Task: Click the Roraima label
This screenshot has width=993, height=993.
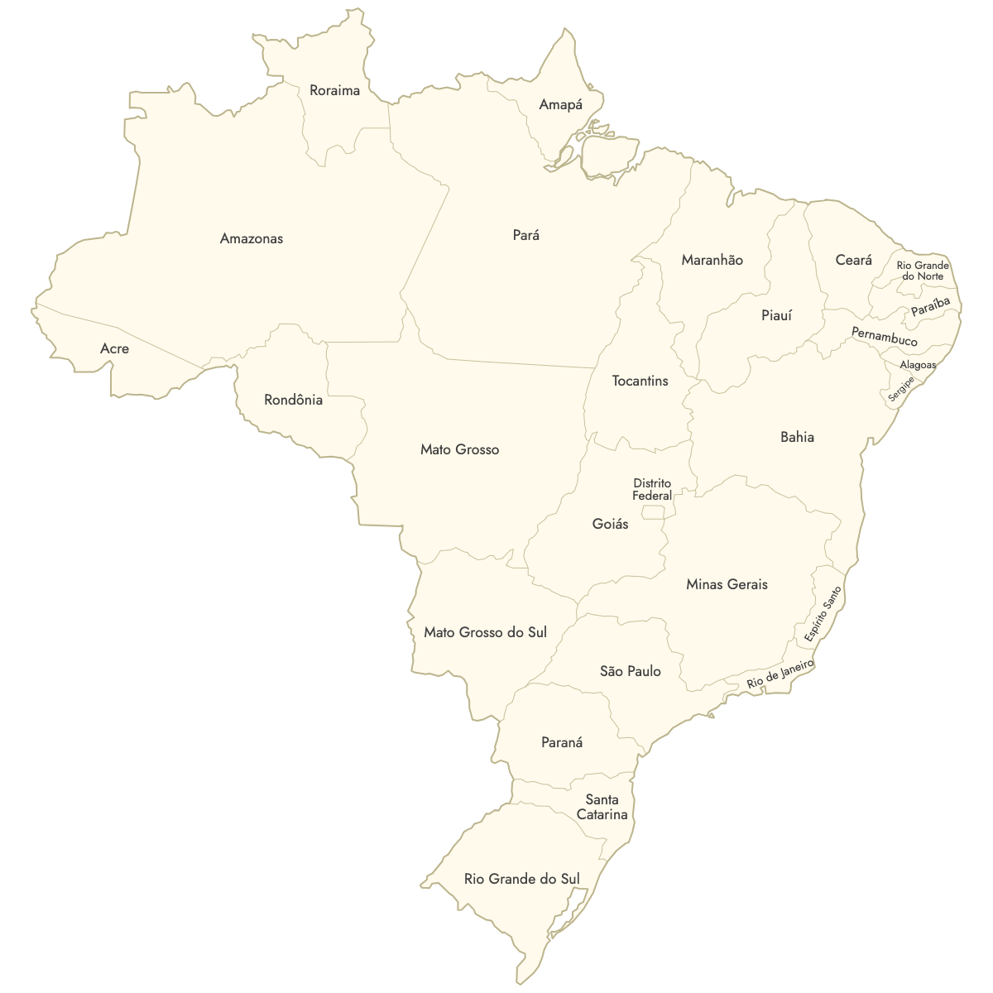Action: pyautogui.click(x=334, y=90)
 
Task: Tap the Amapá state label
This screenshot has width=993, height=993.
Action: pyautogui.click(x=560, y=104)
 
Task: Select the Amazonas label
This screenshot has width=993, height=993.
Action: pyautogui.click(x=252, y=238)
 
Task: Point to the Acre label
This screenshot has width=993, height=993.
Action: pyautogui.click(x=114, y=348)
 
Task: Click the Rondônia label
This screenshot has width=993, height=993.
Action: pyautogui.click(x=293, y=400)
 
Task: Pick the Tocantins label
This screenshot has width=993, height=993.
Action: pyautogui.click(x=640, y=381)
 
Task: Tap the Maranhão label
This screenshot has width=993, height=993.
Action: pyautogui.click(x=712, y=260)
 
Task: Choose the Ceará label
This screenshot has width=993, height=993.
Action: pyautogui.click(x=853, y=260)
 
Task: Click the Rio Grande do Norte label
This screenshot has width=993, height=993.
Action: pyautogui.click(x=923, y=271)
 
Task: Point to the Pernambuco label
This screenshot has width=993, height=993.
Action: pyautogui.click(x=884, y=337)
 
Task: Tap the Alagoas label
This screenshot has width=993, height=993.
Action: pyautogui.click(x=918, y=365)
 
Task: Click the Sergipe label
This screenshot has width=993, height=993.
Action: pyautogui.click(x=901, y=390)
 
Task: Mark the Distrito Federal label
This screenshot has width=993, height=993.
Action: pyautogui.click(x=652, y=489)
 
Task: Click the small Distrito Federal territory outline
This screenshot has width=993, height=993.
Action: pyautogui.click(x=653, y=513)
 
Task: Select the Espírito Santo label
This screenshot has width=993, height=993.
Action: pyautogui.click(x=823, y=614)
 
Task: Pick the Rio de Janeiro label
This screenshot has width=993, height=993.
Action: pyautogui.click(x=780, y=674)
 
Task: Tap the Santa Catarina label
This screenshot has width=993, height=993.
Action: pyautogui.click(x=602, y=807)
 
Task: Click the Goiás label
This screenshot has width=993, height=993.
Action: pyautogui.click(x=610, y=524)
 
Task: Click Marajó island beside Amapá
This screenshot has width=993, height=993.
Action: pyautogui.click(x=610, y=155)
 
